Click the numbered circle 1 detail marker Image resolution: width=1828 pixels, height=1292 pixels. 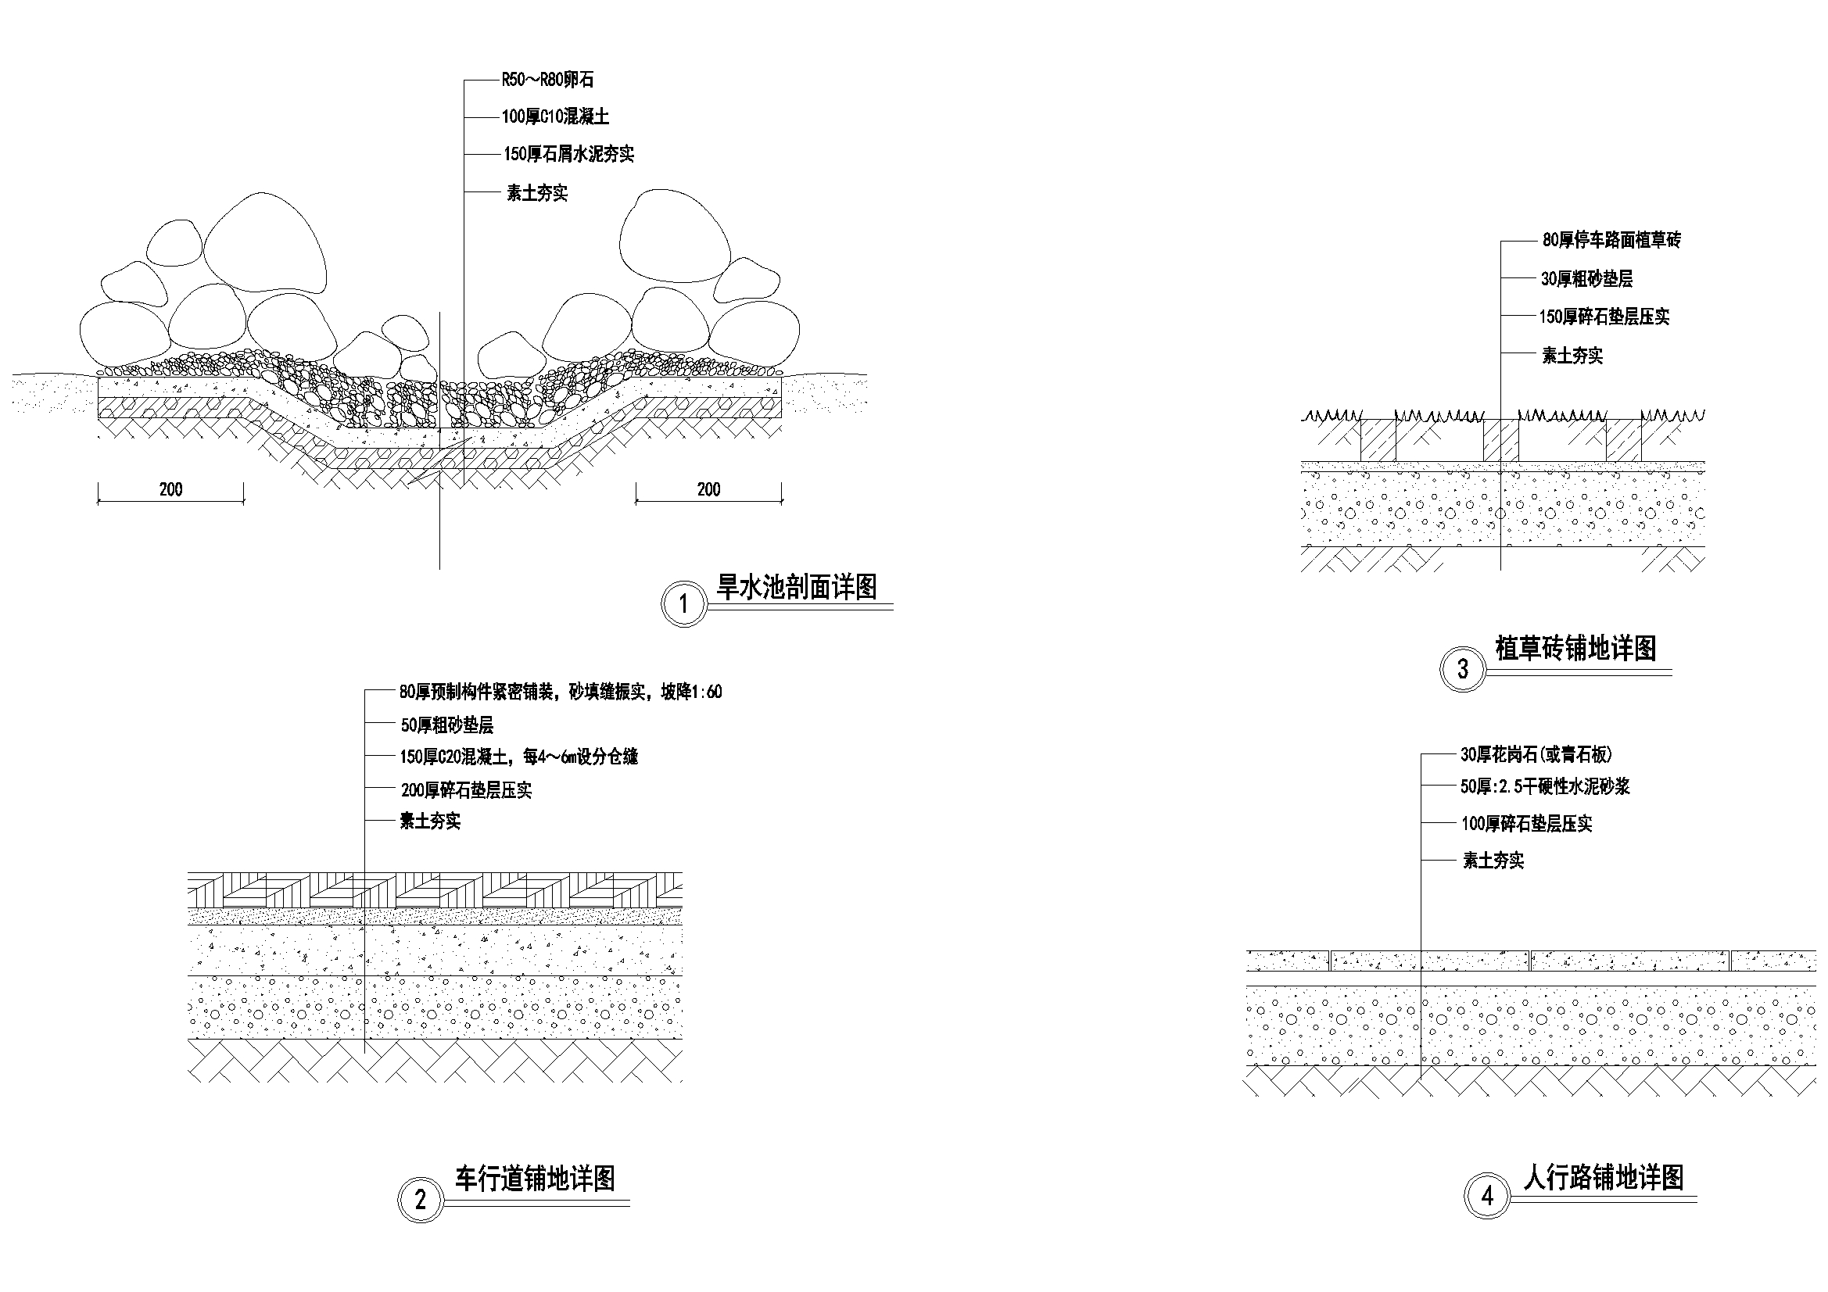684,604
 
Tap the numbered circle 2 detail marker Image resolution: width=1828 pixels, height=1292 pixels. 421,1200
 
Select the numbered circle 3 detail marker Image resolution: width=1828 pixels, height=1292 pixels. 1463,669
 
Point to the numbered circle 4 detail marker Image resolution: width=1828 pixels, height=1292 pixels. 1487,1196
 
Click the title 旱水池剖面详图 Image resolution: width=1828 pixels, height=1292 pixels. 797,588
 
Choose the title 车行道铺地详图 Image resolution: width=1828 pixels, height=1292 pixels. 535,1178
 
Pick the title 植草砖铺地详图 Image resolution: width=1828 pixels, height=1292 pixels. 1576,649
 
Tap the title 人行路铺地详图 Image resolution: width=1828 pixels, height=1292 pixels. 1604,1176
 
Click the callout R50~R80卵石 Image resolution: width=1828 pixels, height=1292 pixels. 548,80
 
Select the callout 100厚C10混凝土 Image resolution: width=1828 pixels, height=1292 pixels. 555,117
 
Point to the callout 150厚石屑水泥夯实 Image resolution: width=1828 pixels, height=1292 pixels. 568,155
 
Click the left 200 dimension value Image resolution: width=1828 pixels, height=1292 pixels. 171,489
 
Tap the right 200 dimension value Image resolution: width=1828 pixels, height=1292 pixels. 708,489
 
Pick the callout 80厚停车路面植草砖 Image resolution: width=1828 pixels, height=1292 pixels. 1611,241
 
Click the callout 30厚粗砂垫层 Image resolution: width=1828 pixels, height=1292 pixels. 1586,278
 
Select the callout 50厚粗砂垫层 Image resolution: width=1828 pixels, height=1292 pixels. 446,725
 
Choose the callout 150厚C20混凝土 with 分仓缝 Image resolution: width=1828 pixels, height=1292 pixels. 519,757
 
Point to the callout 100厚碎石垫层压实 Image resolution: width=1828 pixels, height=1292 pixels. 1526,824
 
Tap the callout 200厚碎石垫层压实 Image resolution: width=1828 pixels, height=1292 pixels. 467,790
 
